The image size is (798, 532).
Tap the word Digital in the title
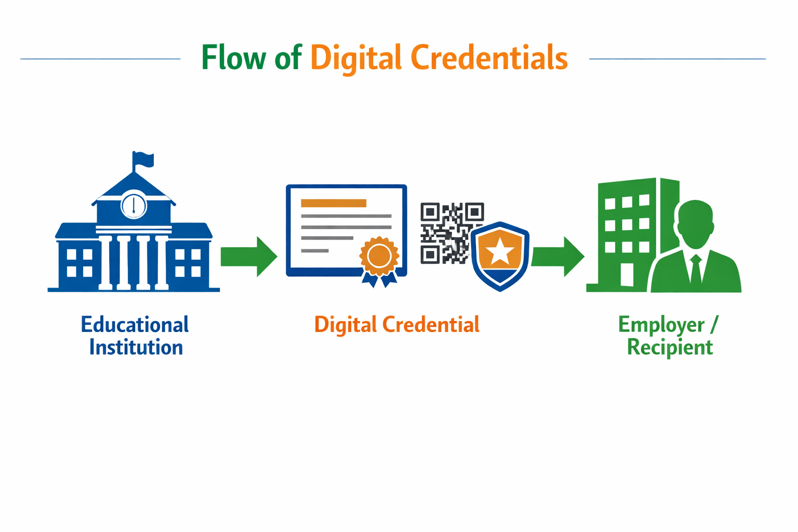356,58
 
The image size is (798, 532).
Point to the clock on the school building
134,206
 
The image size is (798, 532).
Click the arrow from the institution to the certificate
249,257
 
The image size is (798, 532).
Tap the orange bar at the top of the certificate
334,203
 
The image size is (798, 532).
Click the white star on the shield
500,251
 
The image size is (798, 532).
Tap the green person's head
695,223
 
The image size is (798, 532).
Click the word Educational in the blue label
135,325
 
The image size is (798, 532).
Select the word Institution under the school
136,347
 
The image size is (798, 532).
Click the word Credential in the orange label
431,325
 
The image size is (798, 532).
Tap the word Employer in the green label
661,325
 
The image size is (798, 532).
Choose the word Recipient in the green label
670,347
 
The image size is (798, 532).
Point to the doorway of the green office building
627,275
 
